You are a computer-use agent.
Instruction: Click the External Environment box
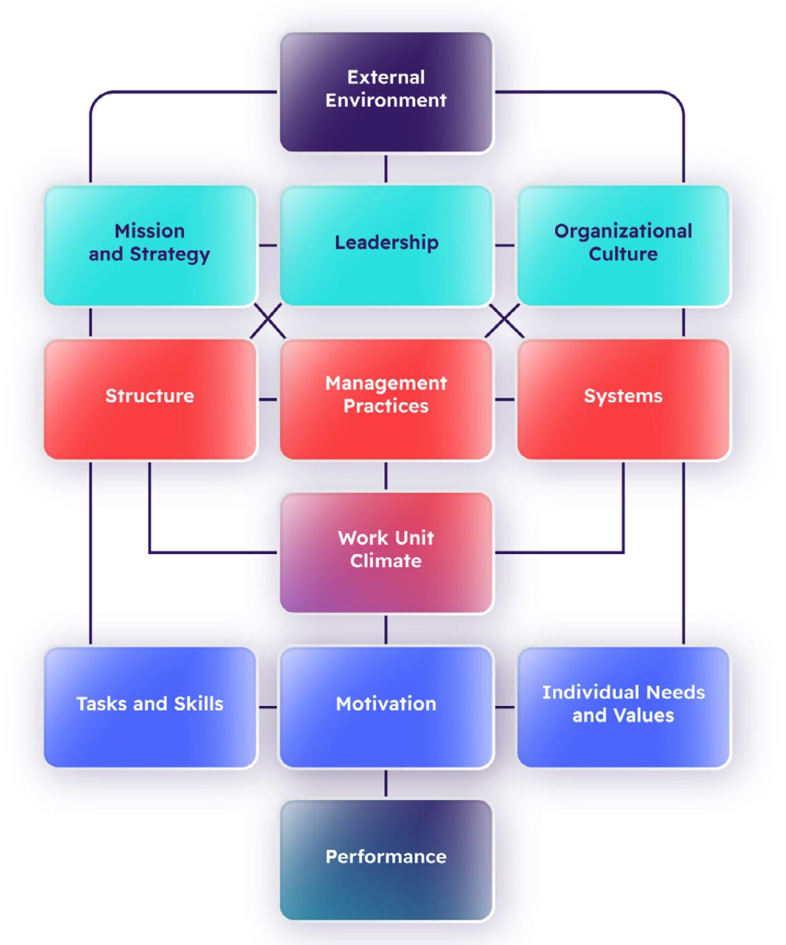[x=386, y=92]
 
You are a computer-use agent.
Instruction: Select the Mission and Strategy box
[x=150, y=245]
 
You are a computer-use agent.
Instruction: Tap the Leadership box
[x=386, y=245]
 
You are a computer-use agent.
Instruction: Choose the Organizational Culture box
[x=623, y=245]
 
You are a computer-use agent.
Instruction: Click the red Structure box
[x=150, y=399]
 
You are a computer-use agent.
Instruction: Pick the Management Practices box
[x=386, y=399]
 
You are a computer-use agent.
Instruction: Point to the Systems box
[x=623, y=399]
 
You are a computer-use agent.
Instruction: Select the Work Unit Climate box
[x=386, y=552]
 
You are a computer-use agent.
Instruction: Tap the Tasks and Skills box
[x=150, y=707]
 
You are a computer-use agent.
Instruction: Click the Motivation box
[x=386, y=707]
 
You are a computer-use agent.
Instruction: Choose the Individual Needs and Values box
[x=623, y=707]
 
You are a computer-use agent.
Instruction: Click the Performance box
[x=386, y=860]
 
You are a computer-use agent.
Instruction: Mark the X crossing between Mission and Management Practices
[x=268, y=321]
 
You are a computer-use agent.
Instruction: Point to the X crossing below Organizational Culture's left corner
[x=504, y=321]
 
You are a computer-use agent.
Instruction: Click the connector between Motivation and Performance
[x=386, y=784]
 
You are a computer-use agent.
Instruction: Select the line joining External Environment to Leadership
[x=386, y=169]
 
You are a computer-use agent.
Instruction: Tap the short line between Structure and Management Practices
[x=268, y=399]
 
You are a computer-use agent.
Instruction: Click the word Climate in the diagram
[x=386, y=561]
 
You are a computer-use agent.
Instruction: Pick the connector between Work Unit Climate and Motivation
[x=386, y=630]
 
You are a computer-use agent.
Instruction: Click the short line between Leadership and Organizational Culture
[x=505, y=245]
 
